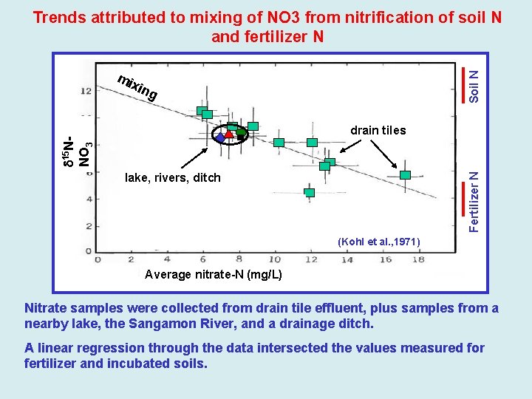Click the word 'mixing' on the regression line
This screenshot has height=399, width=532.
point(137,87)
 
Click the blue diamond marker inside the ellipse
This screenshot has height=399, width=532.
point(220,137)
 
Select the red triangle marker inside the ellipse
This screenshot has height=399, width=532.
point(230,134)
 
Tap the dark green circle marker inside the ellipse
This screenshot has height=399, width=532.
point(241,133)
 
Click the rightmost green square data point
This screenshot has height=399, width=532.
point(405,175)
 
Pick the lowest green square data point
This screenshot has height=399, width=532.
point(310,193)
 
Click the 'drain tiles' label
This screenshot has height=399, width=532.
point(378,131)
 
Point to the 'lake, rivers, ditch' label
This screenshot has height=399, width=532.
point(173,177)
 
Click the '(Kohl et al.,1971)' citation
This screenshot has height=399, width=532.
point(378,242)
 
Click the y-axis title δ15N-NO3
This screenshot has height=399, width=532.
point(76,151)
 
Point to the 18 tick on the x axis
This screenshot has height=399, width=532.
point(418,259)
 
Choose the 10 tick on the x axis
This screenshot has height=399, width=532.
point(274,259)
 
